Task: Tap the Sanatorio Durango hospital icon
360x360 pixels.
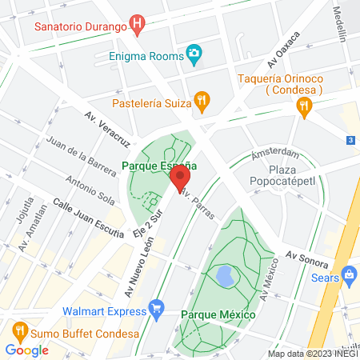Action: click(138, 26)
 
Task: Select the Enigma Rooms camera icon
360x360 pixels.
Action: click(193, 55)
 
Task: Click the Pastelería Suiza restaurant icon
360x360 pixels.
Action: click(202, 101)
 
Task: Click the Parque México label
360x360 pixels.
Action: click(218, 314)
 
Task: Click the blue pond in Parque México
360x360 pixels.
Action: click(225, 278)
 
